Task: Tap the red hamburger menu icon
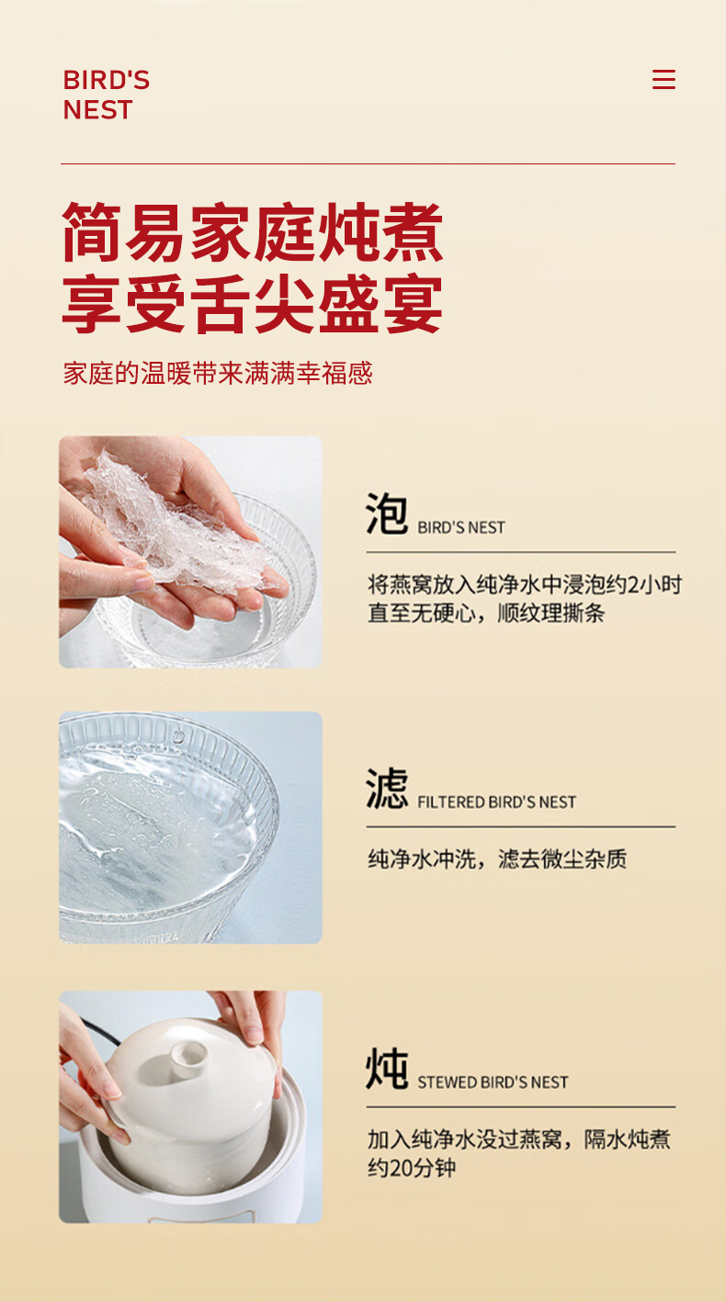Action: (664, 80)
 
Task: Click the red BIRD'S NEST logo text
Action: (106, 95)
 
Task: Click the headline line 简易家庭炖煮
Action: (253, 232)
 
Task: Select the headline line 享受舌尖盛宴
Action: (253, 305)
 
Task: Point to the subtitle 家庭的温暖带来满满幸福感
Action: (218, 373)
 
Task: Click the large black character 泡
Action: (387, 513)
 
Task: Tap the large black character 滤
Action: (387, 788)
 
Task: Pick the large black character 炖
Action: (387, 1069)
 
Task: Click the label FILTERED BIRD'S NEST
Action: (497, 803)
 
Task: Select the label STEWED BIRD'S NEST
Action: (493, 1083)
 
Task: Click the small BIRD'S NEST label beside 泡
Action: (461, 528)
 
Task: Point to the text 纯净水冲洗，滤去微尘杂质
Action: (497, 859)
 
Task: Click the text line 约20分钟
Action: (412, 1168)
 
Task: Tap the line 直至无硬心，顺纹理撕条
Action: (486, 613)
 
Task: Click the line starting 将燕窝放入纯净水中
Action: (525, 585)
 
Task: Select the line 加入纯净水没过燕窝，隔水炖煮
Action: (519, 1139)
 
